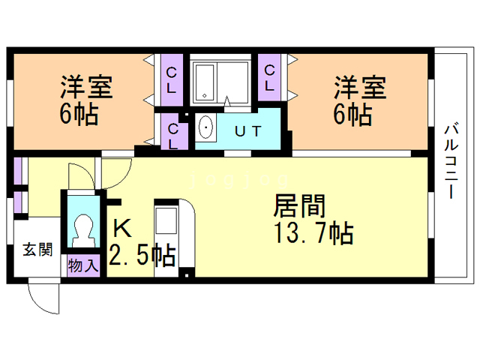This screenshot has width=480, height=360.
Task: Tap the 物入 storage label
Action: pos(83,265)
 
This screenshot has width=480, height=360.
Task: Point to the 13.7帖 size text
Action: pos(313,233)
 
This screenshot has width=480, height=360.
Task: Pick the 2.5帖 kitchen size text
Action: pos(142,255)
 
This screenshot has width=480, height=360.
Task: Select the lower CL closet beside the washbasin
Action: pos(173,136)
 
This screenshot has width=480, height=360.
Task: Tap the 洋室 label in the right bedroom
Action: pos(360,88)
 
